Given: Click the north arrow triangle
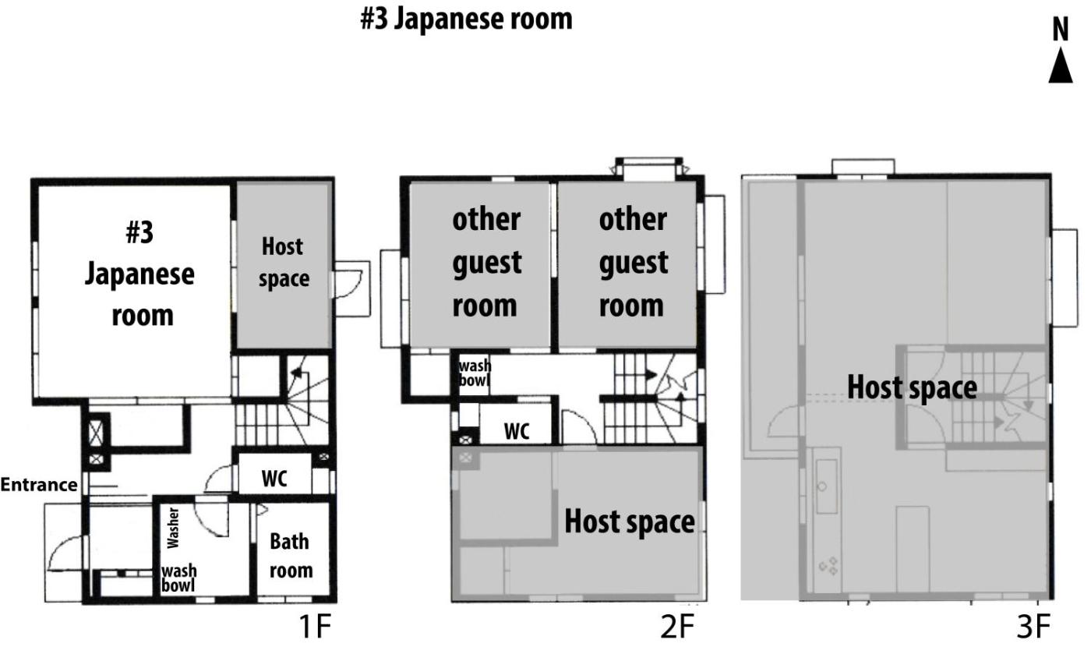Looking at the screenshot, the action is tap(1061, 65).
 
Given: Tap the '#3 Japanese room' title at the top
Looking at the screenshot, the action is tap(466, 19).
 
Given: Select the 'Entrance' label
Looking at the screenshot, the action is tap(38, 485).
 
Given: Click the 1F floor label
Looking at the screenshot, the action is tap(315, 627).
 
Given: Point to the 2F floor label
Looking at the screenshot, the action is tap(677, 627).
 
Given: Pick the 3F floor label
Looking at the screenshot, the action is tap(1033, 627).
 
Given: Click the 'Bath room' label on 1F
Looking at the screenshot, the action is tap(291, 556).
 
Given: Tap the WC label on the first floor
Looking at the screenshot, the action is tap(274, 479).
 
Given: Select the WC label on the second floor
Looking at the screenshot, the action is tap(517, 431).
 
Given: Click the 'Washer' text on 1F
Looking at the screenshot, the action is tap(173, 528).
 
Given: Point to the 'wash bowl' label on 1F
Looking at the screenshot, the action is tap(178, 578).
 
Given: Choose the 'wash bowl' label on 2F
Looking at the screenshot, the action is tap(475, 373).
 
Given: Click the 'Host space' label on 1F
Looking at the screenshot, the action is tap(284, 263).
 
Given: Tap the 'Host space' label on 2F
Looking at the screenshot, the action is tap(630, 521).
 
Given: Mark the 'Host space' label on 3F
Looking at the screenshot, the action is tap(912, 388).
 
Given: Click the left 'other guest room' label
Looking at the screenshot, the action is tap(486, 263).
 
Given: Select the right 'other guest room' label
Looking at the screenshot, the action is tap(633, 263).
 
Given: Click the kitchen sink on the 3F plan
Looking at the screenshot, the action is tap(827, 486).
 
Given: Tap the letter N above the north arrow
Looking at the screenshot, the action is tap(1061, 30).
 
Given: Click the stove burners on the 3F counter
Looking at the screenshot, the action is tap(828, 566).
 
